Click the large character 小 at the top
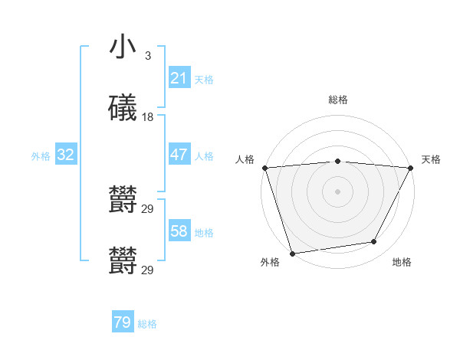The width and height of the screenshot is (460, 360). pos(123,48)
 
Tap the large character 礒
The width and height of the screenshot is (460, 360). pos(123,108)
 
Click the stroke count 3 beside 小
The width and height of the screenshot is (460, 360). pos(147,56)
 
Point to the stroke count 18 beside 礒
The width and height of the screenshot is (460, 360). pos(148,117)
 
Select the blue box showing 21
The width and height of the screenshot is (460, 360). pos(179,78)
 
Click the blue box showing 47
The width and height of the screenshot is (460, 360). pos(179,155)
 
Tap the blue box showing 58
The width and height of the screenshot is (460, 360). pos(179,231)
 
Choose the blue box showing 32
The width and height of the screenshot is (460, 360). pos(66,155)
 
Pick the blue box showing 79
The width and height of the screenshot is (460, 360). pos(123,322)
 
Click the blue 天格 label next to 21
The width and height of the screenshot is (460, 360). pos(204,79)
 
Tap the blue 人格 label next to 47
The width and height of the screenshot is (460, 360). pos(204,155)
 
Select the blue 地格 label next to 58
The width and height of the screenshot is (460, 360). pos(204,232)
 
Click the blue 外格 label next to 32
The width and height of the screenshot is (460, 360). pos(41,155)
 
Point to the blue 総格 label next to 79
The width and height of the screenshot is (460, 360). pos(147,323)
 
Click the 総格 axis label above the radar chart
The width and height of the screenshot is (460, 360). pos(338,100)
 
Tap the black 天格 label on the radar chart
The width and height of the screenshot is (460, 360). pos(432,159)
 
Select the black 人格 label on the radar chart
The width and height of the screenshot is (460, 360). pos(245,159)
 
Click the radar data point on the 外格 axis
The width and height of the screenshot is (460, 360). pos(292,252)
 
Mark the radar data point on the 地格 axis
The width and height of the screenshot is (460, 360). pos(374,241)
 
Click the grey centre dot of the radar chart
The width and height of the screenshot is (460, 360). pos(338,191)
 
